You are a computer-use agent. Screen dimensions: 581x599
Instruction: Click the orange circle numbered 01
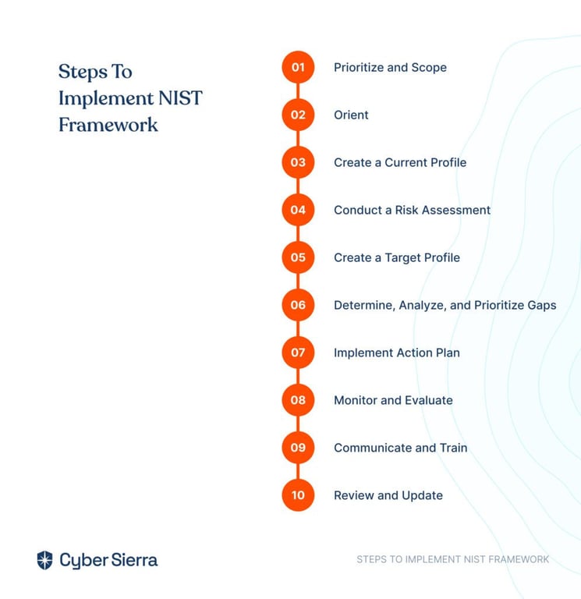click(298, 67)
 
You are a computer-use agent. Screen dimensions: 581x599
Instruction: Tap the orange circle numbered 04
click(298, 210)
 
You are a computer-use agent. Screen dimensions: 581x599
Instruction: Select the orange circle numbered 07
click(298, 353)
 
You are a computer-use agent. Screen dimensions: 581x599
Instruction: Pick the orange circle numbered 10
click(298, 495)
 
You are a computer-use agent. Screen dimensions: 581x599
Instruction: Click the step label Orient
click(351, 115)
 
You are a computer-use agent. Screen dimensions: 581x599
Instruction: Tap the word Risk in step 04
click(406, 210)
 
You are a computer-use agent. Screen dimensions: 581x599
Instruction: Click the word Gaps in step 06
click(542, 306)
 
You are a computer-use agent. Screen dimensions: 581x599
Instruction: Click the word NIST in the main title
click(180, 97)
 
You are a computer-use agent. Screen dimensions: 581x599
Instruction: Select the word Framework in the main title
click(108, 125)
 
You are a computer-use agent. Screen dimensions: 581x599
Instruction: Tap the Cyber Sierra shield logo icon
click(44, 560)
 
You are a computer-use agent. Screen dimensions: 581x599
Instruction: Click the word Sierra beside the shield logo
click(134, 560)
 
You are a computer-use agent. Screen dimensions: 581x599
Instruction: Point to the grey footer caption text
click(452, 559)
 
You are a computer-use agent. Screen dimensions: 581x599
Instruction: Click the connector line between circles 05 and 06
click(298, 281)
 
